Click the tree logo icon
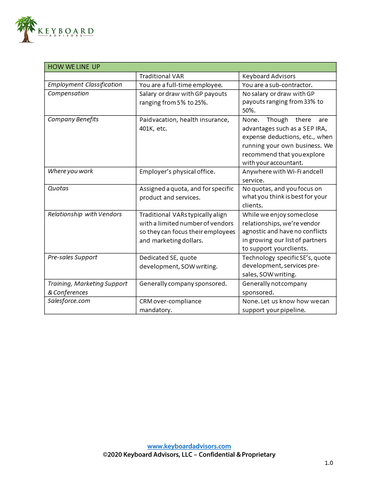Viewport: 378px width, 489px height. [x=26, y=30]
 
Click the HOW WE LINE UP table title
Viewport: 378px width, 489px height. [x=74, y=67]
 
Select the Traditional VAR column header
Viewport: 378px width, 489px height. [x=161, y=76]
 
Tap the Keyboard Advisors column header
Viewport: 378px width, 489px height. [x=269, y=76]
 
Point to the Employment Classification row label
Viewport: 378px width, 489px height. [x=85, y=85]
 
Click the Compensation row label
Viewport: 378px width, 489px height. [x=68, y=94]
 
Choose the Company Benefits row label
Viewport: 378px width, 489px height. [x=73, y=119]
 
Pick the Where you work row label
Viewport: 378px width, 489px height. [x=70, y=171]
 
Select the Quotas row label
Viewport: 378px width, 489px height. [x=59, y=188]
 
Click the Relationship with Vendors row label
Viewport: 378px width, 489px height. [x=85, y=214]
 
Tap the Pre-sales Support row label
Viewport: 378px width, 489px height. [x=72, y=257]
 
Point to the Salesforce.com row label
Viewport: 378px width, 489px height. [x=69, y=301]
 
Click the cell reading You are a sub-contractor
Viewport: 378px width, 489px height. [x=277, y=85]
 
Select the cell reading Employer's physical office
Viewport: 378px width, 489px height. [x=177, y=171]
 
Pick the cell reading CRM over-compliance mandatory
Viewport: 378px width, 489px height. [x=170, y=306]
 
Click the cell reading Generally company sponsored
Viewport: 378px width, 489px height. [x=183, y=283]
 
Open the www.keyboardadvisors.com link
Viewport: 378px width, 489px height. [x=189, y=446]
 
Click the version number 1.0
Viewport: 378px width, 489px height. [x=328, y=463]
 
